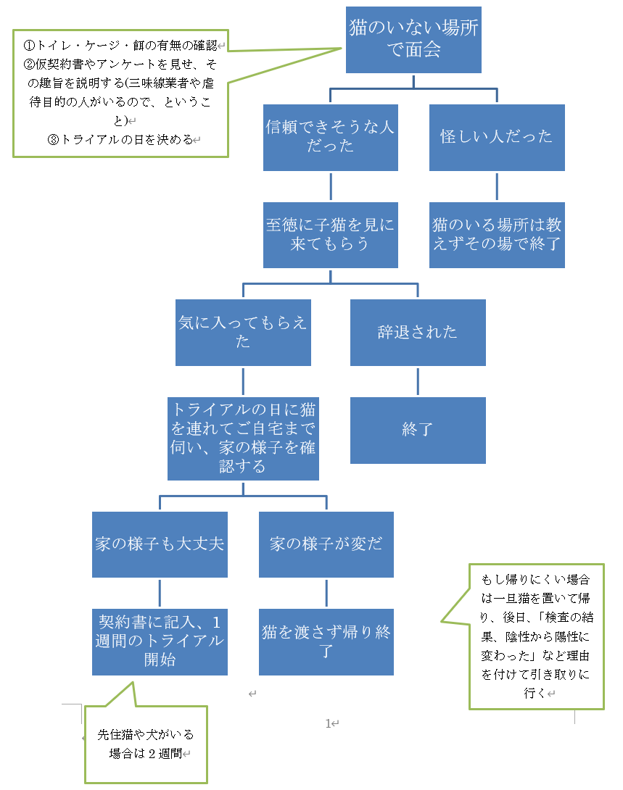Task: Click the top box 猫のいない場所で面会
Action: click(x=413, y=39)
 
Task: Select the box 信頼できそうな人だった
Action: click(x=330, y=137)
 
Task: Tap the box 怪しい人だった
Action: click(x=497, y=137)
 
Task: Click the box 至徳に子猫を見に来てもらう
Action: click(x=330, y=235)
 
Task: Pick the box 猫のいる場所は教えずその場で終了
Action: click(x=497, y=235)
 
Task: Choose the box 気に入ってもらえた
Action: click(x=243, y=332)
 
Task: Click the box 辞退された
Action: click(x=418, y=332)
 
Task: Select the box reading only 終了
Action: click(x=418, y=430)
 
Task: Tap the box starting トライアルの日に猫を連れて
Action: click(x=243, y=438)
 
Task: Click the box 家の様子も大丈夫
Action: click(x=160, y=544)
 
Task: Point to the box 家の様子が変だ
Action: click(x=326, y=544)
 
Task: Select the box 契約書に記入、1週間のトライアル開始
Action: click(x=160, y=641)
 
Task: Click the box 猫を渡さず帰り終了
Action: click(x=326, y=641)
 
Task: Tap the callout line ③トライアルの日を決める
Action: click(x=120, y=140)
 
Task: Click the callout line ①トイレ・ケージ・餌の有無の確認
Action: click(x=120, y=46)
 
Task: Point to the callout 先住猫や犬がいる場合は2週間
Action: click(x=146, y=744)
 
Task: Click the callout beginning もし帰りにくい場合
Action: click(x=536, y=636)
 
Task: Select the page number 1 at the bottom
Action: click(x=328, y=723)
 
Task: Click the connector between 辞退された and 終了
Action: click(x=418, y=381)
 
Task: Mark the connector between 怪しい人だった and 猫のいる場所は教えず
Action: click(x=497, y=186)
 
